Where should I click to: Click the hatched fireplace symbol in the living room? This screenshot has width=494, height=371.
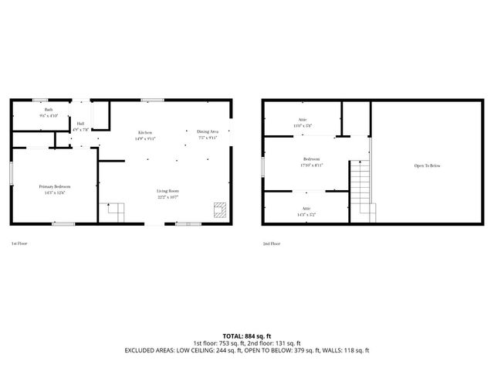[219, 209]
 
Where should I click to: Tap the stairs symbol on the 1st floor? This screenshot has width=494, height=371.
[114, 211]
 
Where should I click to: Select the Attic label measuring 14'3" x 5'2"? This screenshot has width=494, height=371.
[306, 211]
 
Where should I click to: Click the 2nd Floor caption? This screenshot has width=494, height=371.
[271, 243]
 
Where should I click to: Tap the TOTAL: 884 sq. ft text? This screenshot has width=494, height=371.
[246, 335]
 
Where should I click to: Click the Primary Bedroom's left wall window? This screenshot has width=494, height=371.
[10, 172]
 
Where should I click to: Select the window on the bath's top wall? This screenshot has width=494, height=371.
[40, 99]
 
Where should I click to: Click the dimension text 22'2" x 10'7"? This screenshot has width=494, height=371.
[168, 197]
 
